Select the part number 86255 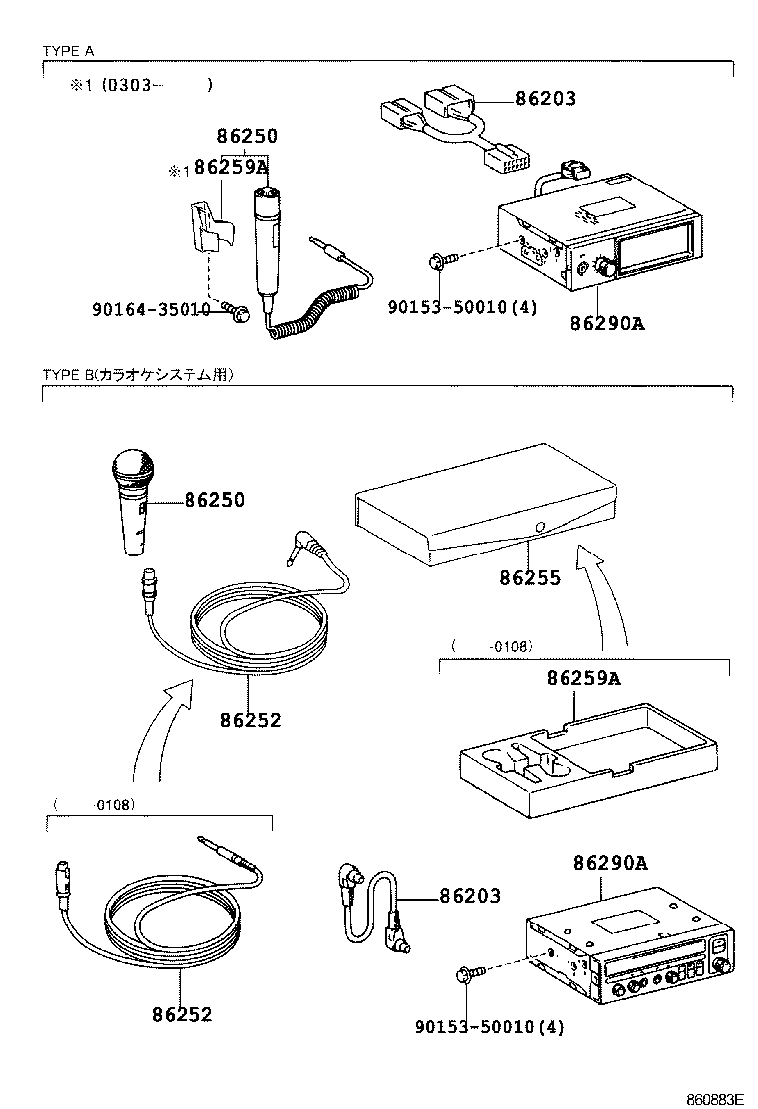point(530,577)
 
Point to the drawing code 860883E point(714,1099)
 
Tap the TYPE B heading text point(138,375)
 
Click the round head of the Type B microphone point(133,467)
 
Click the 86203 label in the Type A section point(546,99)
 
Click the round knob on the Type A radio point(603,267)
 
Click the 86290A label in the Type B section point(610,863)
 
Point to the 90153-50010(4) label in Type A point(462,308)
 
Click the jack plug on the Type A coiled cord point(325,243)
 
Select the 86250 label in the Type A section point(248,137)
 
